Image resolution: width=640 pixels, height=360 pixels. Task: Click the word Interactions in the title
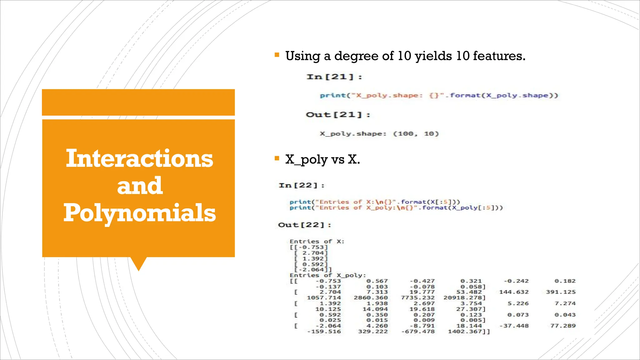coord(139,158)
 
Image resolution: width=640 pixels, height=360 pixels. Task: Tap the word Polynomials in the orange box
coord(139,213)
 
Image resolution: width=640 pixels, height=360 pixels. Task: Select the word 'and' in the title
coord(140,186)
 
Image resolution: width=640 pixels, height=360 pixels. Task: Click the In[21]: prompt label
coord(334,77)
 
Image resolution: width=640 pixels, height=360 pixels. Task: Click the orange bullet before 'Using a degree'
coord(277,55)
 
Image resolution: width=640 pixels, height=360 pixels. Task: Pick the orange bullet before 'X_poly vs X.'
coord(277,158)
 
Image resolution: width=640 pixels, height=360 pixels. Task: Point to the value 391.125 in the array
coord(561,292)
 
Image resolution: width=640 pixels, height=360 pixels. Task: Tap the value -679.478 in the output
coord(418,332)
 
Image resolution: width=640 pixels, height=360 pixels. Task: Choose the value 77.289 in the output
coord(563,326)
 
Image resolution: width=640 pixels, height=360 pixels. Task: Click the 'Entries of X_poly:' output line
coord(327,275)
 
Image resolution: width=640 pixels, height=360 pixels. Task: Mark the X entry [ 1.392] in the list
coord(311,259)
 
